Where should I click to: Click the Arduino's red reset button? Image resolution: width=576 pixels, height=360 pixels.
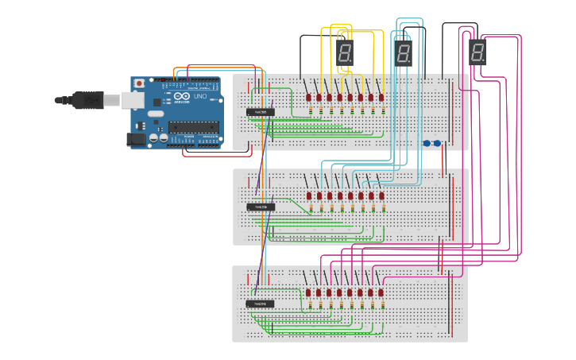[x=139, y=83]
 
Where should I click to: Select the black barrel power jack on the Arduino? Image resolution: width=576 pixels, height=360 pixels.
[x=137, y=139]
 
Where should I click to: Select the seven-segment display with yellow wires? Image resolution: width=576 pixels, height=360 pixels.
[x=345, y=54]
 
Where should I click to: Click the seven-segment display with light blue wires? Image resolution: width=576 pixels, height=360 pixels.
[x=404, y=54]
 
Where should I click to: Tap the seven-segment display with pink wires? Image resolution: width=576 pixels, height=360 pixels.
[x=477, y=52]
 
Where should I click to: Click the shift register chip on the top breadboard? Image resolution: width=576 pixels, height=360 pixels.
[x=260, y=112]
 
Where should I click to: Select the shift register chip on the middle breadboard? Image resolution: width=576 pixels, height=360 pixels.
[x=260, y=207]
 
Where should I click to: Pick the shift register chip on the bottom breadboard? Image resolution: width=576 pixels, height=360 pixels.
[x=260, y=304]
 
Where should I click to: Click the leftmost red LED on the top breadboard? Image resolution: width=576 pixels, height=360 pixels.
[x=308, y=98]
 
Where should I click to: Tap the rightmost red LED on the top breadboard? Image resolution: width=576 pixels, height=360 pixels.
[x=381, y=98]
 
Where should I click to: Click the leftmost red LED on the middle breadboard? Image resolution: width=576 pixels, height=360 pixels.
[x=309, y=195]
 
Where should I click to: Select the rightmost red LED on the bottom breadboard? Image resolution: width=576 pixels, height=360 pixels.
[x=381, y=292]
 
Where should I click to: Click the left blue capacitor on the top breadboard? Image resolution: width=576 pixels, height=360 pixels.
[x=427, y=143]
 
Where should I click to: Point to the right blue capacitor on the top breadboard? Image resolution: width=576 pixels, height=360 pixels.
[x=437, y=143]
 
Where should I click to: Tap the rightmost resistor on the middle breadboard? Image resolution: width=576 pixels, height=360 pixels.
[x=383, y=208]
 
